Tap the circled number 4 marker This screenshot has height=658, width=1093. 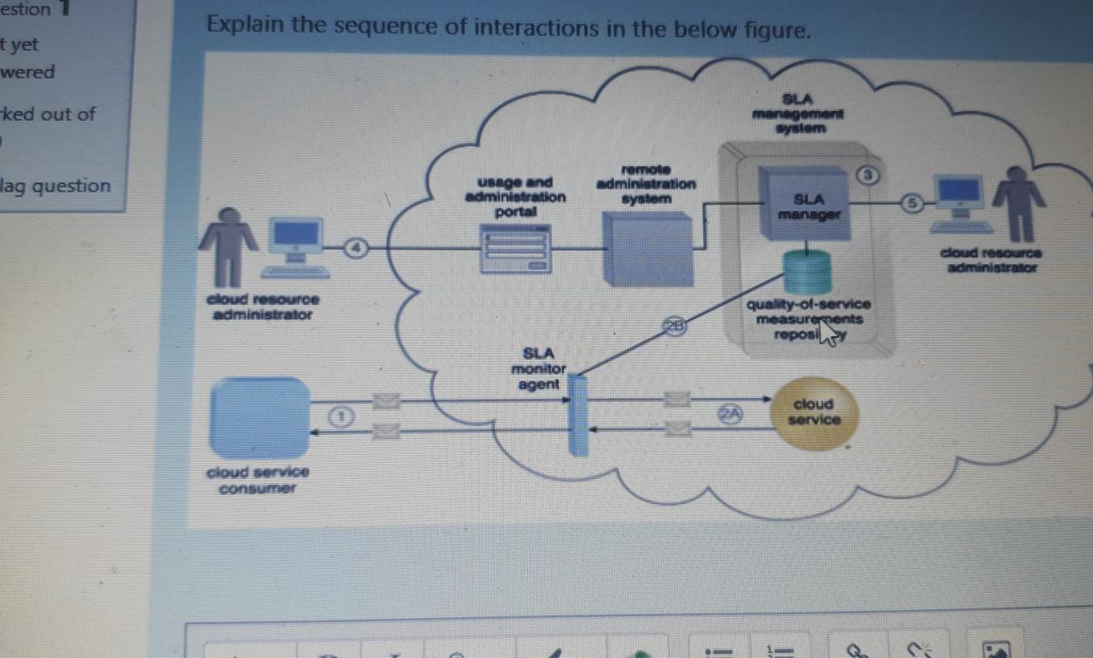(354, 248)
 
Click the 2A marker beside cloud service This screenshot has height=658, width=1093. (729, 412)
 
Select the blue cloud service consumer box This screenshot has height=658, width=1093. (259, 416)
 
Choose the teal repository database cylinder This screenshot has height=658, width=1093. (807, 271)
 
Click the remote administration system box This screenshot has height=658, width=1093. (648, 249)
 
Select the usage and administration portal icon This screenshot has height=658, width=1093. (515, 249)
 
